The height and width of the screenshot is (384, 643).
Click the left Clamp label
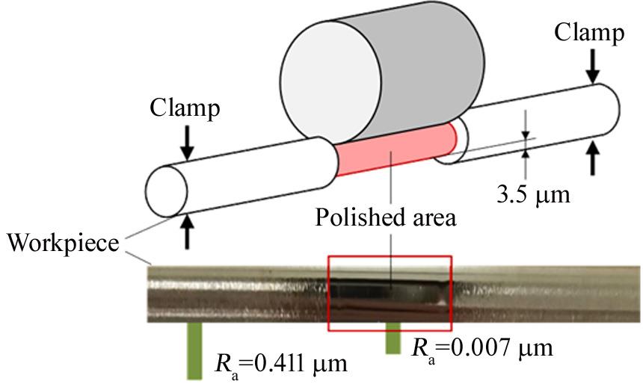[x=185, y=109]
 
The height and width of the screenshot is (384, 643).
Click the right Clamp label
[x=590, y=33]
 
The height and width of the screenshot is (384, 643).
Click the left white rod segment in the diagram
[x=247, y=164]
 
